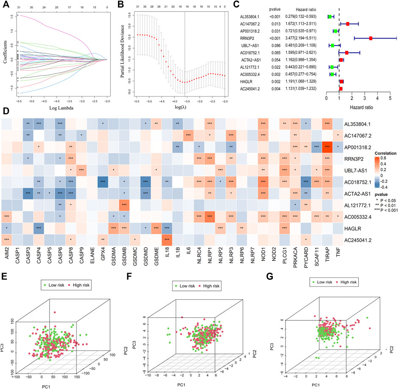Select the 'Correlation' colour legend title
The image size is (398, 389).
coord(373,149)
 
